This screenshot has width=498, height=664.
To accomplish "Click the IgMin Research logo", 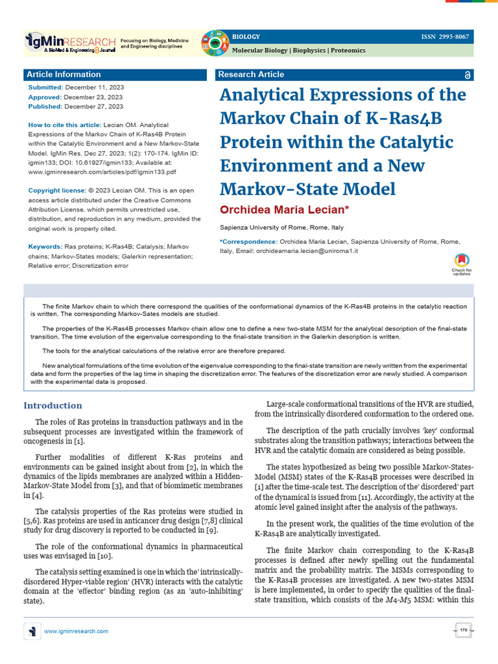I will [70, 43].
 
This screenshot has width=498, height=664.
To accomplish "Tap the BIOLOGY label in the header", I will [246, 36].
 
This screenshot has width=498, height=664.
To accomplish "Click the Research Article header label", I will [251, 75].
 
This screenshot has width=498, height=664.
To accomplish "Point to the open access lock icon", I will [468, 75].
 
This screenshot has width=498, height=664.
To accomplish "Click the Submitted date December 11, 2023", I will [94, 87].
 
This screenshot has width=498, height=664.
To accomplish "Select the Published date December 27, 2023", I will [94, 106].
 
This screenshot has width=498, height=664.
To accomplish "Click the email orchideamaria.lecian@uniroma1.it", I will [307, 250].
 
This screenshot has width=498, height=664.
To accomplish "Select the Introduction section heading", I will [53, 406].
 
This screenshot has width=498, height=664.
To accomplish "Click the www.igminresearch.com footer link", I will [76, 631].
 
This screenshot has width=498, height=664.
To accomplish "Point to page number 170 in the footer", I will [463, 630].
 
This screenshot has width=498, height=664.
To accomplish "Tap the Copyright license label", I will [57, 190].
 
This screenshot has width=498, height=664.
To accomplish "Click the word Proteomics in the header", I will [348, 50].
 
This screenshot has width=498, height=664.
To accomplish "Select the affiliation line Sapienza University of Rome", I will [282, 228].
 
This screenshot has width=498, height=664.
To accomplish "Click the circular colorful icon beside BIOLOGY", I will [214, 43].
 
